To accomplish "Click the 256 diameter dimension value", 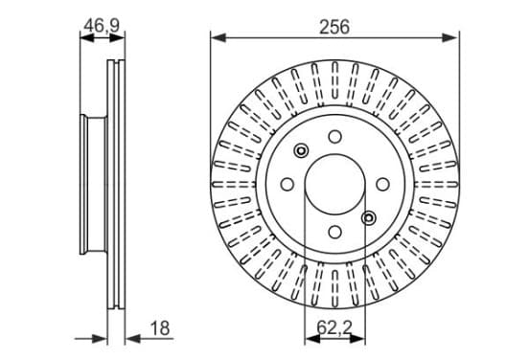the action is tap(334, 27).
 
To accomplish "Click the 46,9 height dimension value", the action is tap(102, 25).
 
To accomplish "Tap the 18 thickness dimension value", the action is tap(160, 328).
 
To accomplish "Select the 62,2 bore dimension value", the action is tap(334, 327).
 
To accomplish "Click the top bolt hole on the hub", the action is tap(334, 137).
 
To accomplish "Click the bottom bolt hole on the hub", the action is tap(334, 232).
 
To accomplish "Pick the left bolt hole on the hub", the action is tap(287, 184).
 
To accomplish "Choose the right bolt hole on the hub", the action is tap(382, 184).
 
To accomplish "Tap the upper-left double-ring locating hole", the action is tap(301, 150).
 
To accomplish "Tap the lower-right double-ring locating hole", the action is tap(368, 218).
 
